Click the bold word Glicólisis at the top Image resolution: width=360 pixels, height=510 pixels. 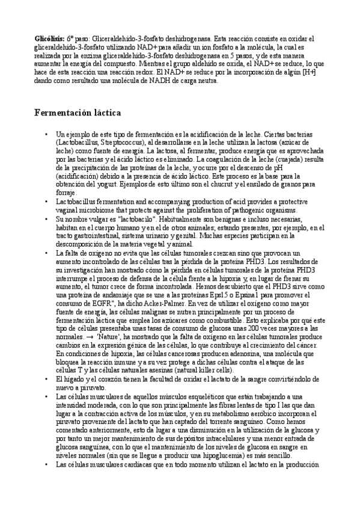click(49, 38)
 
